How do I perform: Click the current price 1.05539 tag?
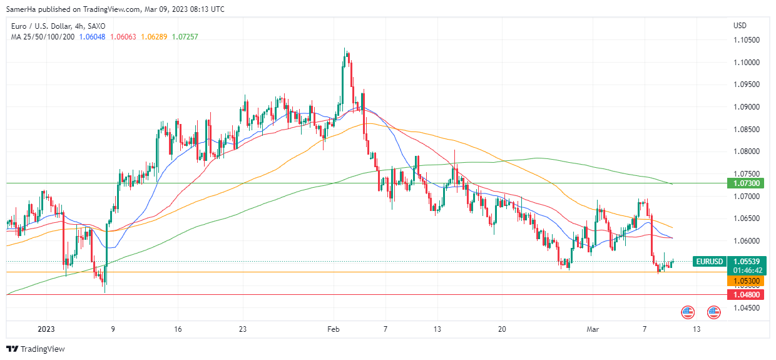(x=746, y=261)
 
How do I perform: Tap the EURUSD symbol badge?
(x=709, y=261)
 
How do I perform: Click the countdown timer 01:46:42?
(x=746, y=270)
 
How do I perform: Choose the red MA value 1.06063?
(x=123, y=37)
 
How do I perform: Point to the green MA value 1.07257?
(x=185, y=37)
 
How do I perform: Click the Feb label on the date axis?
(x=334, y=329)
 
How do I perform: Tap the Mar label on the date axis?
(x=593, y=329)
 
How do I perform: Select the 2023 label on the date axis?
(x=47, y=329)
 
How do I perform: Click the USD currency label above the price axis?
(x=740, y=26)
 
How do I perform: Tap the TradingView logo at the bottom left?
(x=36, y=349)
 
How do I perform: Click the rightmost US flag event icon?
(x=713, y=311)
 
